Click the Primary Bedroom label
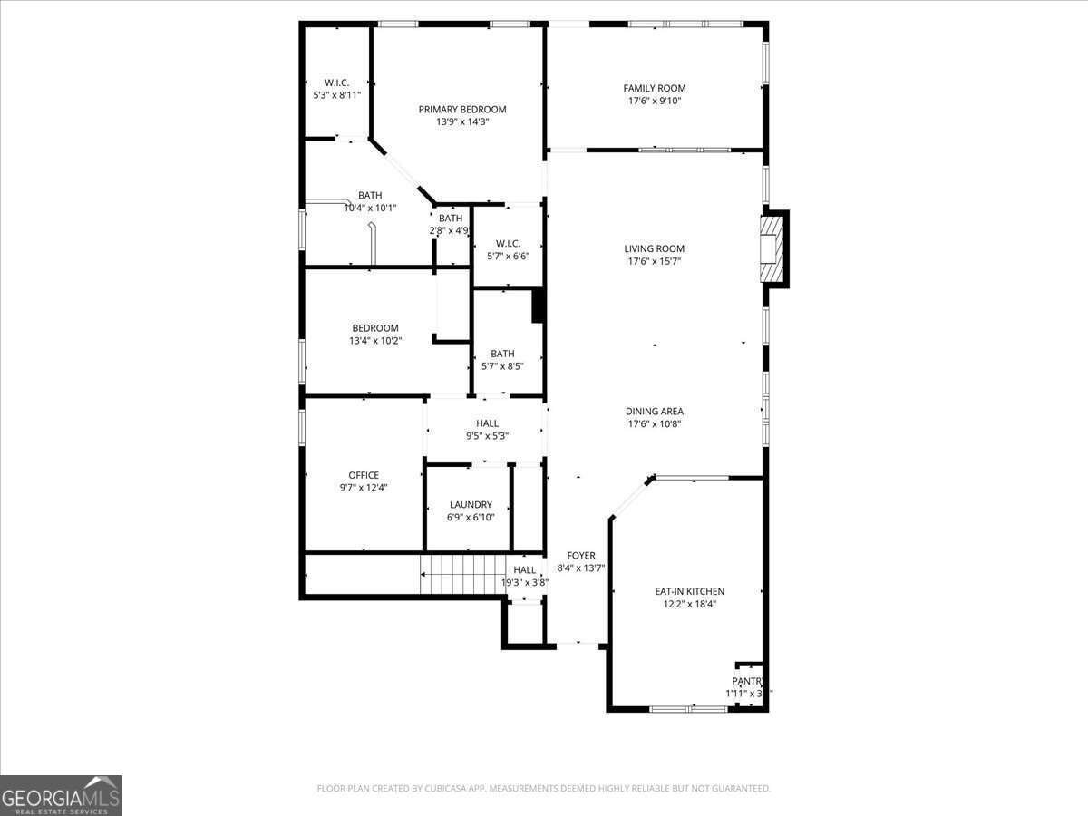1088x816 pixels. (462, 110)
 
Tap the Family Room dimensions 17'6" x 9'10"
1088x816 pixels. (654, 102)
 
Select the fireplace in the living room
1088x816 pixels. (772, 248)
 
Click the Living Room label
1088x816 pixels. (654, 248)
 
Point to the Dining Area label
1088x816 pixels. (654, 411)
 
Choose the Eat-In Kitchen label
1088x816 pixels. (689, 591)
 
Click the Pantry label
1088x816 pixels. (748, 681)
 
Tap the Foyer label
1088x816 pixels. (581, 556)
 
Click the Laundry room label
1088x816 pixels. (471, 505)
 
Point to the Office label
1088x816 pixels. (364, 475)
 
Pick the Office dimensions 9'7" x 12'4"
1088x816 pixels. (364, 488)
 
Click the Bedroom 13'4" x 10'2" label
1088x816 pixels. (375, 328)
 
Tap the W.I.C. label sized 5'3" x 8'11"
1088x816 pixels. (336, 83)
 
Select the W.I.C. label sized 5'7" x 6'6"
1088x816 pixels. (508, 243)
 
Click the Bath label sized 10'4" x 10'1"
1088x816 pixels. (370, 195)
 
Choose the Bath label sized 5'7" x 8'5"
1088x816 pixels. (502, 354)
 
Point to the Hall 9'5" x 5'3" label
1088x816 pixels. (487, 423)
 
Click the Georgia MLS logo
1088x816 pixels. (61, 795)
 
